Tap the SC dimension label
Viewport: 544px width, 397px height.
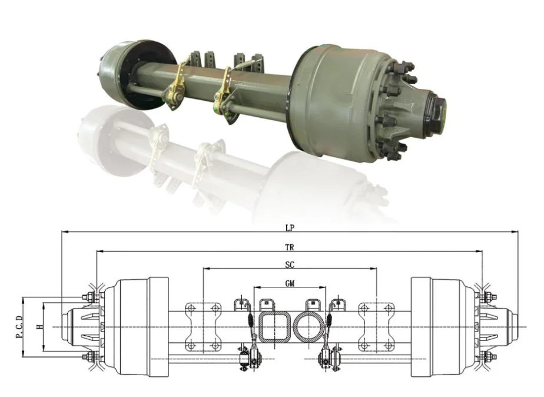[x=290, y=264]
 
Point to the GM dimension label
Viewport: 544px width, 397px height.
[x=290, y=283]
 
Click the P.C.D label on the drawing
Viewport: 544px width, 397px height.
[x=19, y=327]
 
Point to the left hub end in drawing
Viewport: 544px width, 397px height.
[x=79, y=327]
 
